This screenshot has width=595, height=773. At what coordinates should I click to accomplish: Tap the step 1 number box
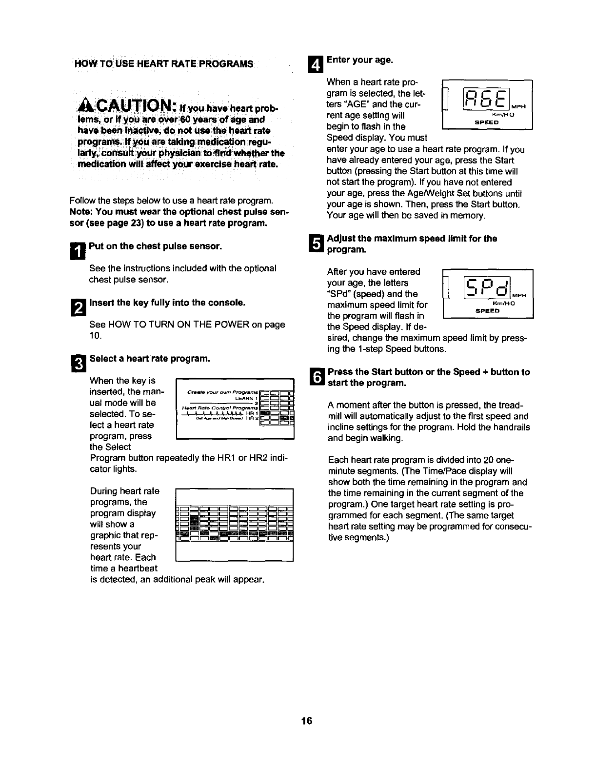[x=79, y=251]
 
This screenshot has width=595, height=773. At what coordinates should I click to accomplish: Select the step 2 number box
[x=79, y=308]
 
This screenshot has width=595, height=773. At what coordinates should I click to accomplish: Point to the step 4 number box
[x=316, y=64]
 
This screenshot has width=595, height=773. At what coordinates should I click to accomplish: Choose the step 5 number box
[x=316, y=244]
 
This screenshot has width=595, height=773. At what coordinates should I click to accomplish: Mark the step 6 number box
[x=316, y=377]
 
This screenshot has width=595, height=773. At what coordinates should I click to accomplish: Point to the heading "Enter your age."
[x=359, y=60]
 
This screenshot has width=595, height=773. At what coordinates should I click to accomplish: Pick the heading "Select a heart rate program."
[x=150, y=359]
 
